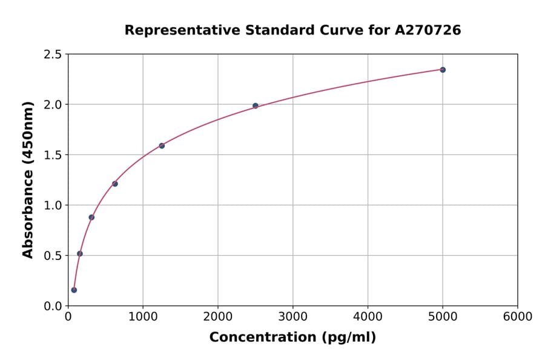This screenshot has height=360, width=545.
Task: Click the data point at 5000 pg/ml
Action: pyautogui.click(x=443, y=70)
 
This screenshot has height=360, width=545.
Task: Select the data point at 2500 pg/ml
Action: pyautogui.click(x=256, y=105)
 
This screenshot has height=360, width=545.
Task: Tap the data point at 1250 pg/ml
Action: pyautogui.click(x=162, y=145)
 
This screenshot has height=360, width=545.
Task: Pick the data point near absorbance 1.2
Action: pyautogui.click(x=115, y=184)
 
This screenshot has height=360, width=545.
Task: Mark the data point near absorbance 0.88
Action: pyautogui.click(x=91, y=217)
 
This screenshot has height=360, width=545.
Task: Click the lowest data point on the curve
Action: pyautogui.click(x=74, y=290)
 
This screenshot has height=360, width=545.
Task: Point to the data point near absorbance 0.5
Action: pyautogui.click(x=80, y=253)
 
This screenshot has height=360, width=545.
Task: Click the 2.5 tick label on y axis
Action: pyautogui.click(x=53, y=55)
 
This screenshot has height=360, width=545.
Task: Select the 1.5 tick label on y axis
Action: pyautogui.click(x=53, y=155)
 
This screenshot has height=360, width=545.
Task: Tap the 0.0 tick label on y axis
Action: pyautogui.click(x=53, y=306)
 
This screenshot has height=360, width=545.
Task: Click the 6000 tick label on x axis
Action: pyautogui.click(x=517, y=317)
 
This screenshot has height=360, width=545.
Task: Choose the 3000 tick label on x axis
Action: pyautogui.click(x=292, y=317)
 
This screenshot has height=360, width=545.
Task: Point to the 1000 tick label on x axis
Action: pyautogui.click(x=143, y=317)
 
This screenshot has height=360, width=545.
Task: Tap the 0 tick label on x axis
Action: pyautogui.click(x=68, y=317)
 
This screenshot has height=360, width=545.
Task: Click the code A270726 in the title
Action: pyautogui.click(x=428, y=30)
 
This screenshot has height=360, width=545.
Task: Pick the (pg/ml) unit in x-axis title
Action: pyautogui.click(x=349, y=337)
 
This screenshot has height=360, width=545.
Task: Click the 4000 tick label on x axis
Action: pyautogui.click(x=368, y=317)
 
